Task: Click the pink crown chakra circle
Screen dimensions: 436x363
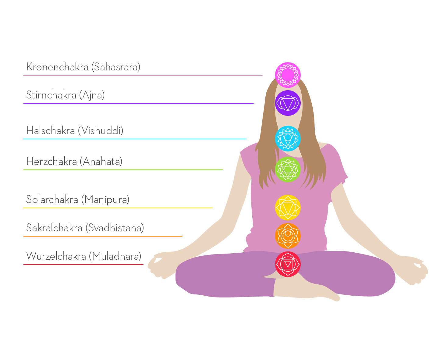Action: point(288,75)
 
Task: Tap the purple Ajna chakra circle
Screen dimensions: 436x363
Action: point(288,103)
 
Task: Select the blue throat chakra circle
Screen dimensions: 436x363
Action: point(288,138)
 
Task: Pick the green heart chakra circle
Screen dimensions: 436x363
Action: point(288,169)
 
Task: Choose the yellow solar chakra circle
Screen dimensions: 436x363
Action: point(288,208)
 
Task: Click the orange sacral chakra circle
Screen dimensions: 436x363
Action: point(288,236)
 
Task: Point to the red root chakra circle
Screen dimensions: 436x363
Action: point(288,264)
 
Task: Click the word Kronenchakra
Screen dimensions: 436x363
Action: point(57,67)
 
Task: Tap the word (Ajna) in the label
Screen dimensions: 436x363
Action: point(92,95)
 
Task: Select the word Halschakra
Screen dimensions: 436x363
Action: point(51,131)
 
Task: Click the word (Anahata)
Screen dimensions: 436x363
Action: point(101,162)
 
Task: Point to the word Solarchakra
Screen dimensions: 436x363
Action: point(52,200)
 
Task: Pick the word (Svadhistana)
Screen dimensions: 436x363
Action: point(115,228)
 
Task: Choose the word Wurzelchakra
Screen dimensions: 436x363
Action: point(56,256)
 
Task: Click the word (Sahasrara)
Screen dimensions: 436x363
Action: point(116,67)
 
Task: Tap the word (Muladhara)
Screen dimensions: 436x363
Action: point(115,256)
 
